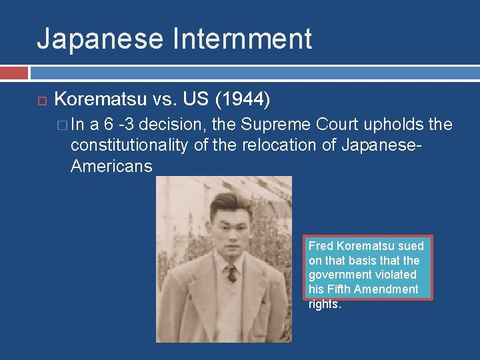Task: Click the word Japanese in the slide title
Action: [x=100, y=39]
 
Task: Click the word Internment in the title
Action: [x=242, y=39]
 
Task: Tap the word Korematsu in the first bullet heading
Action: [x=100, y=100]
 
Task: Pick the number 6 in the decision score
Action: [x=108, y=125]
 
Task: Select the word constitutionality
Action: [x=129, y=145]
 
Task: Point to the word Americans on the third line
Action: [x=111, y=166]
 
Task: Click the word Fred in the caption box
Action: [x=320, y=245]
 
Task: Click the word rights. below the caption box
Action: [x=325, y=304]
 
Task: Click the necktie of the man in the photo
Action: [x=231, y=273]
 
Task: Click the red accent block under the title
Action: [x=14, y=72]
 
